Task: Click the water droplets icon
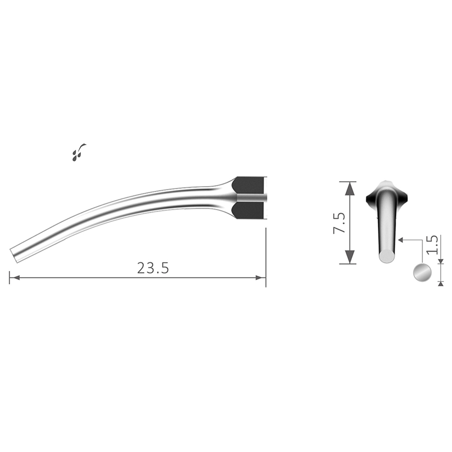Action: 79,152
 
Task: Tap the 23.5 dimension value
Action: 153,268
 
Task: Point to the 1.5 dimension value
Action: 432,245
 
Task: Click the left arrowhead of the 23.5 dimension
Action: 15,278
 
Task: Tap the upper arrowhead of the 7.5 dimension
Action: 350,188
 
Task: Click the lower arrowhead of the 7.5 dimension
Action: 350,257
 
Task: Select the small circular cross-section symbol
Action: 422,273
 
